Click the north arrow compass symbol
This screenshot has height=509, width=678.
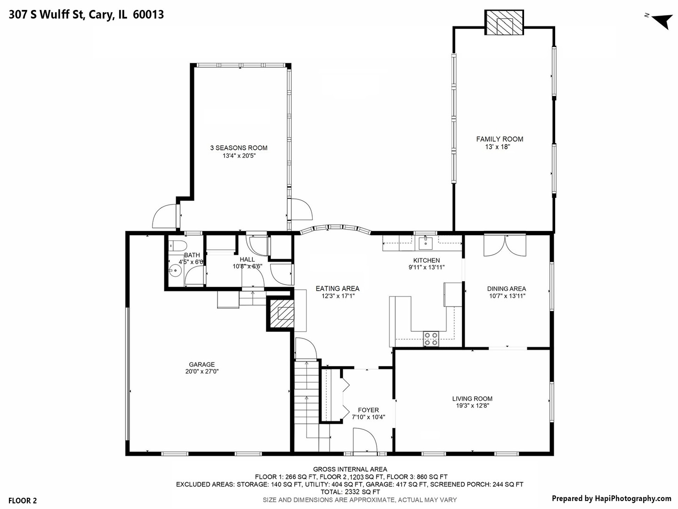point(661,20)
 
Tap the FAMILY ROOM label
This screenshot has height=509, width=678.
point(500,139)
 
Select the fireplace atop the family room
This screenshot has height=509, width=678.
point(504,22)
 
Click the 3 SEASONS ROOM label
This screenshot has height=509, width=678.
point(239,148)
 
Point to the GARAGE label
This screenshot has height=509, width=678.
point(202,364)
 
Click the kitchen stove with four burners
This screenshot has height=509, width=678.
point(431,339)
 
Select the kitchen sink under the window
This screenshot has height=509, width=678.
point(425,243)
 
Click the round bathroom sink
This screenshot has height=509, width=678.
point(175,271)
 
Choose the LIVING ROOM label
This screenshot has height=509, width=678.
point(472,399)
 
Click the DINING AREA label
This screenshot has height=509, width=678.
point(507,289)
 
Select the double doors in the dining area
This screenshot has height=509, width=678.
point(504,245)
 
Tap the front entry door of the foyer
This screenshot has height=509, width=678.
point(364,441)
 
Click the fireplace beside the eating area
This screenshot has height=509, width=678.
point(281,313)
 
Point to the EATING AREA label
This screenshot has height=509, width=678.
point(337,288)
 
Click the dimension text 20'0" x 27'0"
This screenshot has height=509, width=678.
point(202,371)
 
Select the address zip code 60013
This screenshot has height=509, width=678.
point(148,15)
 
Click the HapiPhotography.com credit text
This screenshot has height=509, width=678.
point(611,498)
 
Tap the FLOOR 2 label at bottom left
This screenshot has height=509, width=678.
point(23,501)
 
